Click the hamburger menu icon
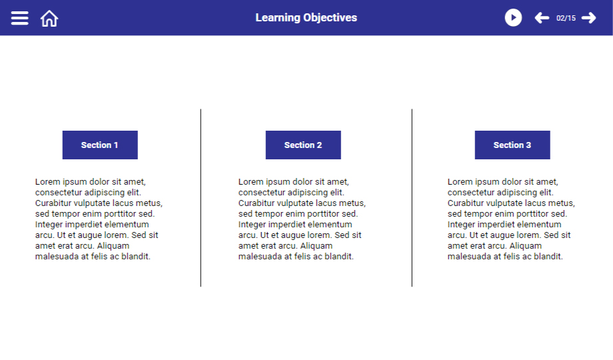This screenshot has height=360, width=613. coord(19,18)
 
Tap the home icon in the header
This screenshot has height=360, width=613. coord(49,19)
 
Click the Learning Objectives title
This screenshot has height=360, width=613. coord(306,17)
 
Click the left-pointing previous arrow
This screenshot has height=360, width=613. coord(542,18)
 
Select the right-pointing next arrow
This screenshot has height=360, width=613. coord(589,18)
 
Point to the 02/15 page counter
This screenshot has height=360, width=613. coord(566,18)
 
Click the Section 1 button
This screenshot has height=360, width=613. coord(100,145)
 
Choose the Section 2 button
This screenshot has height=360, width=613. coord(303,145)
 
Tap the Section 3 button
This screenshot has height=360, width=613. coord(512,145)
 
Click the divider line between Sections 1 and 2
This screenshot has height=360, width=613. coord(201,198)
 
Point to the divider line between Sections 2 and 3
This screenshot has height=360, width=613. coord(412,198)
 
